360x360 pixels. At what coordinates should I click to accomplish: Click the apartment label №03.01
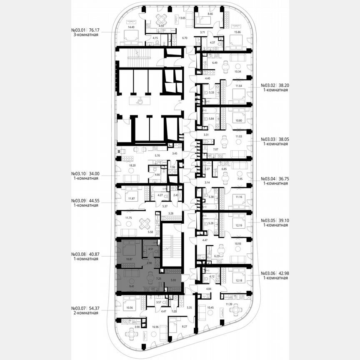[79, 30]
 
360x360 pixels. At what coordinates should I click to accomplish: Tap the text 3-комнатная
[85, 35]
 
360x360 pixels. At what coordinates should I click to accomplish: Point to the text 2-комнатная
[85, 312]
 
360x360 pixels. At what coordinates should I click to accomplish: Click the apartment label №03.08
[79, 254]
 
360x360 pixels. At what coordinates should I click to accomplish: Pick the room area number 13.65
[182, 18]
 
